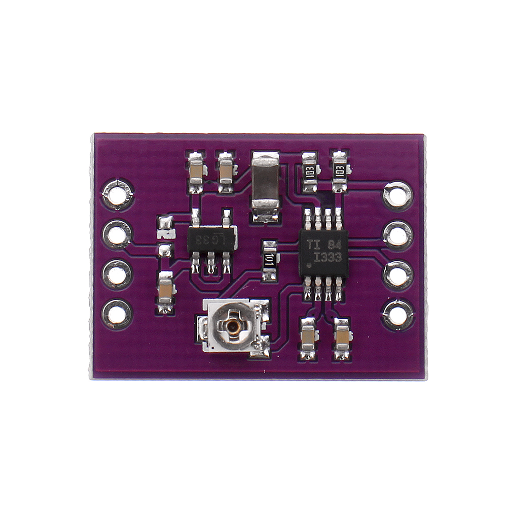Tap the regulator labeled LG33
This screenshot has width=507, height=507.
coord(211,239)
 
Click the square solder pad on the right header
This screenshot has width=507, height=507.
coord(397,195)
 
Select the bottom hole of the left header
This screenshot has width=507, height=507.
coord(117,315)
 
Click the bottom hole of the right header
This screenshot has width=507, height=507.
coord(397,315)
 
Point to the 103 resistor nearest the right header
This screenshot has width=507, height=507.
coord(340,171)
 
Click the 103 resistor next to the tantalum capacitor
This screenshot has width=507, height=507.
coord(310,172)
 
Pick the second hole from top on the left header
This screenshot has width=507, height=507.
coord(117,234)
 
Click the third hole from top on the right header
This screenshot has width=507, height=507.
coord(397,275)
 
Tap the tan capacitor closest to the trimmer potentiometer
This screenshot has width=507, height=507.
coord(308,336)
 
